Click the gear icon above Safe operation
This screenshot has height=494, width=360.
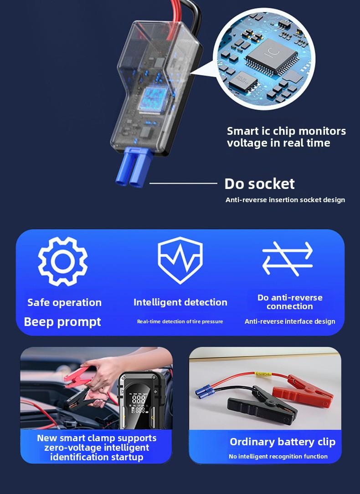tap(63, 261)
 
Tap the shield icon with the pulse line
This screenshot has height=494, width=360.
tap(180, 260)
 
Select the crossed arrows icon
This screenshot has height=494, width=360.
tap(288, 258)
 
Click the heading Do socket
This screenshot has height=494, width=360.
tap(259, 183)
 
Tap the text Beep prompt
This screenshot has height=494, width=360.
tap(62, 322)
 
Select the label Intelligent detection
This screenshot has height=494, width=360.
tap(180, 302)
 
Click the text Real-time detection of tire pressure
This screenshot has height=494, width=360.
tap(180, 321)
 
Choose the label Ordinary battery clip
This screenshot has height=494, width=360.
tap(283, 442)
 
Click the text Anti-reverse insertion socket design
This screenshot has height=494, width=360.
tap(285, 200)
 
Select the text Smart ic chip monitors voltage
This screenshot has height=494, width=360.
tap(286, 137)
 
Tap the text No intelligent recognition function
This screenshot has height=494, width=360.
tap(278, 456)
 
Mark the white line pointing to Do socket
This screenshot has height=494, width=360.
tap(183, 183)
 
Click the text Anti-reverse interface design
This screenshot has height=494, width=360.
tap(290, 321)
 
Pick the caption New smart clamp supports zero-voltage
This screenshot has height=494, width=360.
tap(97, 447)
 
